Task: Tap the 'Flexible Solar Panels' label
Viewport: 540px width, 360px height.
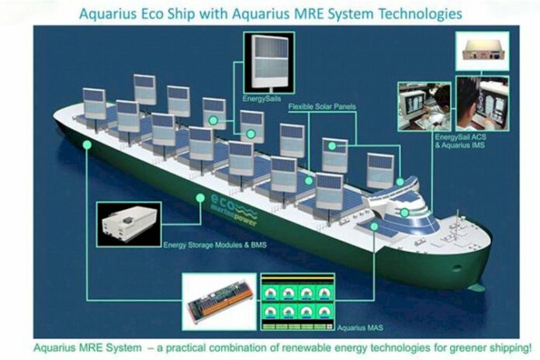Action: tap(327, 106)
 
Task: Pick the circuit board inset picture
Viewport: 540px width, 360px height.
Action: tap(218, 299)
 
